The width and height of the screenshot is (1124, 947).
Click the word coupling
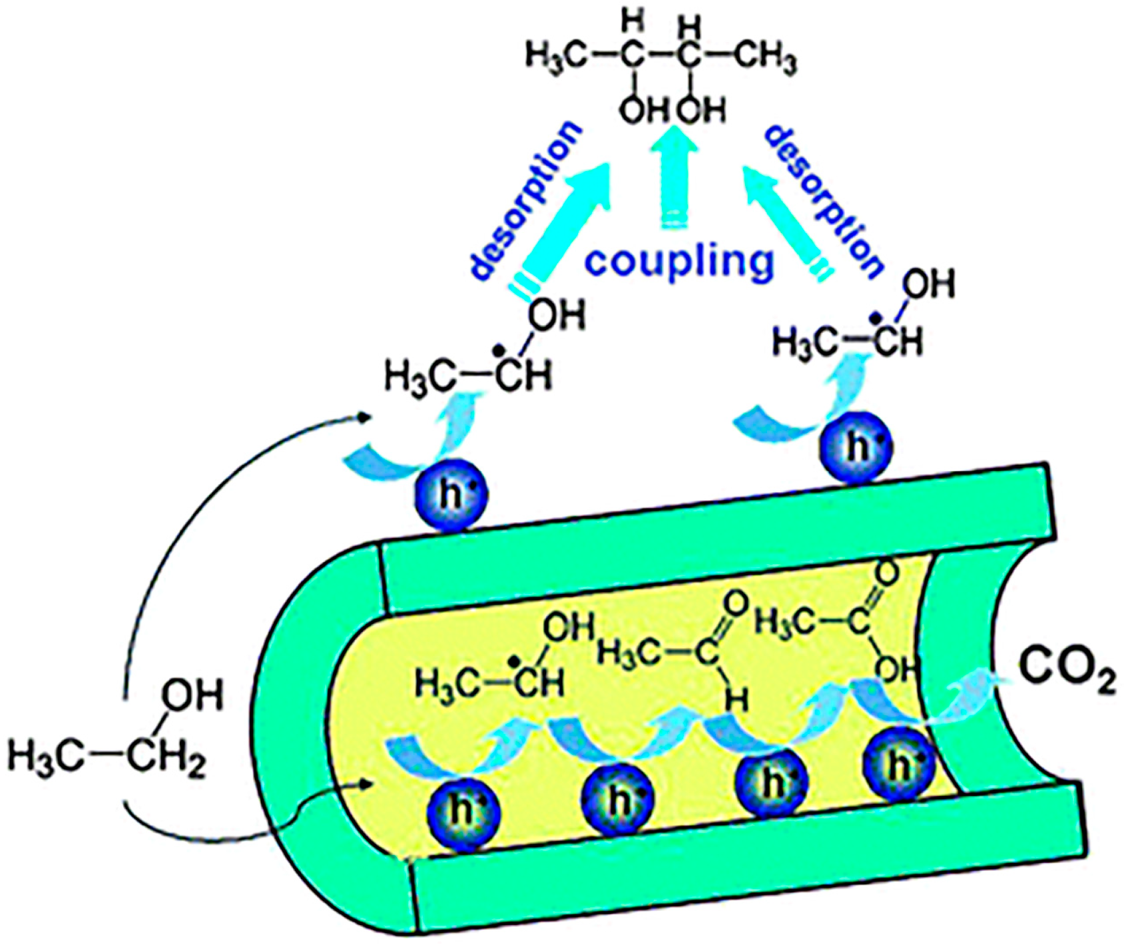click(x=679, y=261)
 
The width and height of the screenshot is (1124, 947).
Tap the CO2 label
click(x=1066, y=675)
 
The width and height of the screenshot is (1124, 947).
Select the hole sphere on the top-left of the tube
click(x=451, y=495)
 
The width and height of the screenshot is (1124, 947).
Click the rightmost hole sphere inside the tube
click(x=899, y=767)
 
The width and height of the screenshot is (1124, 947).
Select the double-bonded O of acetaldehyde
click(x=734, y=605)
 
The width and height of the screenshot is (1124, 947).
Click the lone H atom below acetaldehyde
click(x=736, y=699)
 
